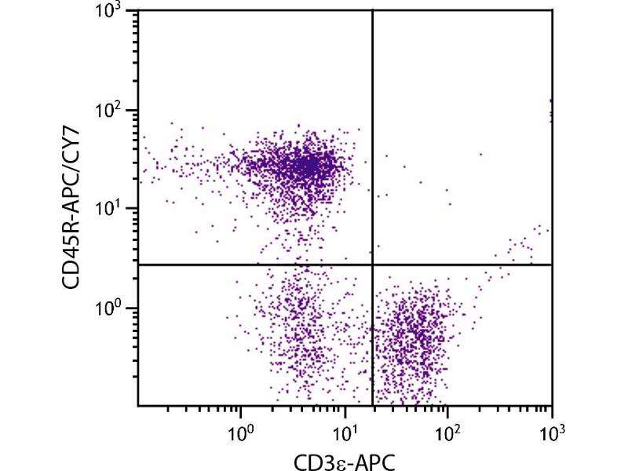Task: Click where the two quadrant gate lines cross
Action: point(371,265)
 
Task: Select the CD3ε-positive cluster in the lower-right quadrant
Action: point(416,338)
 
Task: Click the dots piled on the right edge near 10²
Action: point(551,110)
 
